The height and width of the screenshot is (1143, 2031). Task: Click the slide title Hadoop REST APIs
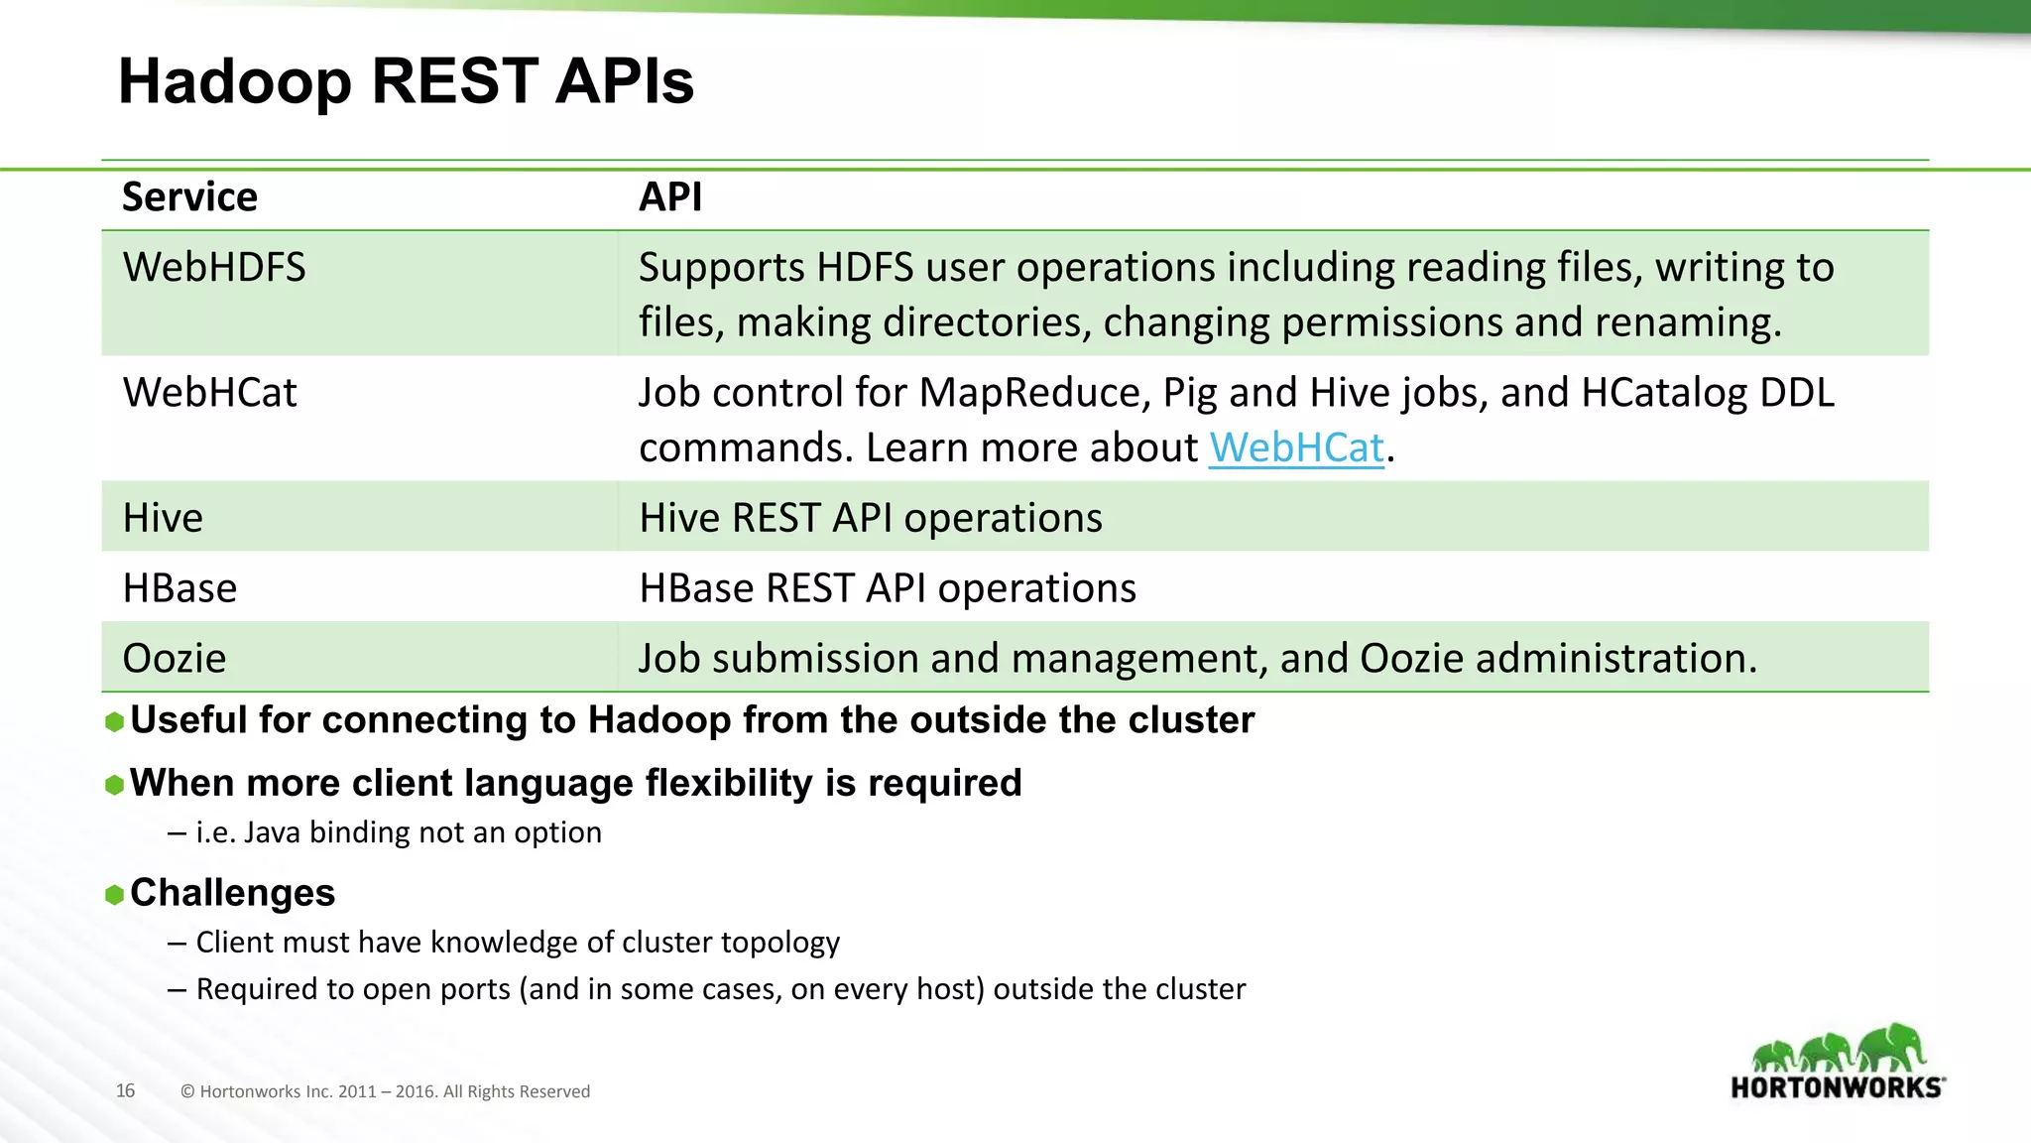coord(406,80)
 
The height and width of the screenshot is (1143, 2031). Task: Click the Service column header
coord(189,196)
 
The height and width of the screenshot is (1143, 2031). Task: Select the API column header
coord(670,196)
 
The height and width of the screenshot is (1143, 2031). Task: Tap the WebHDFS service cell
coord(214,268)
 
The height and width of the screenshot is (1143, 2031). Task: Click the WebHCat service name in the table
coord(209,393)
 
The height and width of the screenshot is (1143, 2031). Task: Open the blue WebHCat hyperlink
coord(1295,448)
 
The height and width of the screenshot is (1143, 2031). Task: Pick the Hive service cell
coord(163,518)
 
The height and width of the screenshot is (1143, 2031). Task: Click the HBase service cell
coord(179,588)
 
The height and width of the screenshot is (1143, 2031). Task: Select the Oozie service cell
coord(175,659)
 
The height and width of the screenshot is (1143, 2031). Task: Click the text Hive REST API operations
coord(870,518)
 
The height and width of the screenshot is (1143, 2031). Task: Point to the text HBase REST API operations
coord(887,588)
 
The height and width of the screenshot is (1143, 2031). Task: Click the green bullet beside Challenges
coord(114,895)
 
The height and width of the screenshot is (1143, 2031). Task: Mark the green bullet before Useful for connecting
coord(114,722)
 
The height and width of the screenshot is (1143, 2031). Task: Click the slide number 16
coord(125,1090)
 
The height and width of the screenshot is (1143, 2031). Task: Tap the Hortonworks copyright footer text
coord(385,1091)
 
